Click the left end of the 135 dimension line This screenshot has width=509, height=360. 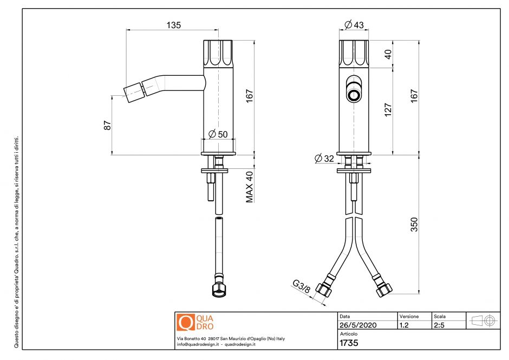126,30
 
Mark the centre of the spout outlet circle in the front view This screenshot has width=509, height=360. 354,95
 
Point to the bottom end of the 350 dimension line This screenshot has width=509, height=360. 419,294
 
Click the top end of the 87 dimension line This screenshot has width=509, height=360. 112,96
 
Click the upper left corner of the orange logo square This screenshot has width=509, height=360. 177,313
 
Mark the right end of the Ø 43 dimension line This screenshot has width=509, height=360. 368,30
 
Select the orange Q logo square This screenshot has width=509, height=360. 186,322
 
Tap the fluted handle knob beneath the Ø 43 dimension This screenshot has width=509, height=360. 354,54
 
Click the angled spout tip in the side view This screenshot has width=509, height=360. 133,93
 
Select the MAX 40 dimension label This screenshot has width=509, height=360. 249,187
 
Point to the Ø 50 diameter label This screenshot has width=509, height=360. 218,133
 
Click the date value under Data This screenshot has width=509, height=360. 358,325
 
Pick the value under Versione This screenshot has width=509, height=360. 404,325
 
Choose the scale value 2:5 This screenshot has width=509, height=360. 439,325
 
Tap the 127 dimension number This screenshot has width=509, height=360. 388,110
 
